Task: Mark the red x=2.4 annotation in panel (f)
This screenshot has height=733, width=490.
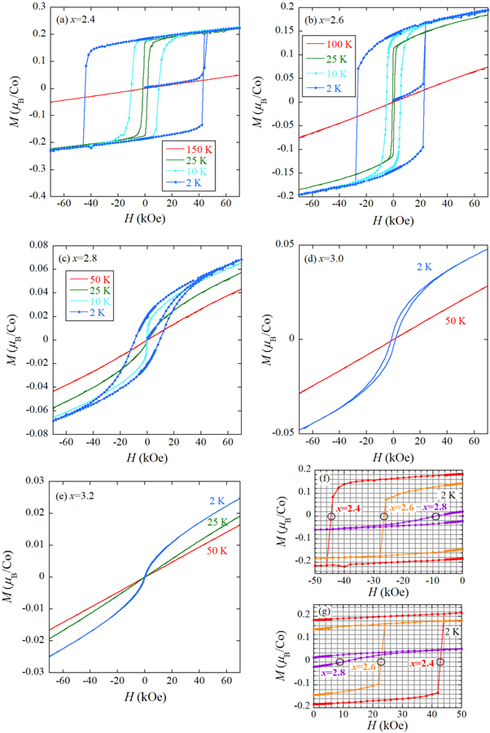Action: (x=351, y=508)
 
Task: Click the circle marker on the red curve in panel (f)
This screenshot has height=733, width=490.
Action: (x=331, y=516)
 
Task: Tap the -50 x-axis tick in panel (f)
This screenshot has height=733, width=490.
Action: (x=313, y=580)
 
